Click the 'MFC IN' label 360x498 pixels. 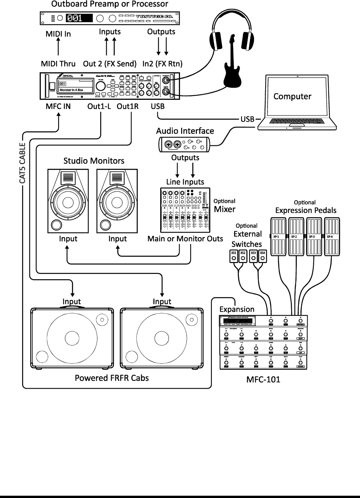pyautogui.click(x=58, y=107)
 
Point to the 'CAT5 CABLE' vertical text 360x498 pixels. pyautogui.click(x=22, y=163)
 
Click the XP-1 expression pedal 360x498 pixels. pyautogui.click(x=279, y=237)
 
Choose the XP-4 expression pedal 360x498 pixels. pyautogui.click(x=332, y=237)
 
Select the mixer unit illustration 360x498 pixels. pyautogui.click(x=185, y=210)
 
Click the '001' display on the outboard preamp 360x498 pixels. pyautogui.click(x=79, y=18)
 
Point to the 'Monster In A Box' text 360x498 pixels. pyautogui.click(x=71, y=90)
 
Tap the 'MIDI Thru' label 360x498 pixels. pyautogui.click(x=58, y=63)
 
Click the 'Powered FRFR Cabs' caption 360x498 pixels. pyautogui.click(x=112, y=378)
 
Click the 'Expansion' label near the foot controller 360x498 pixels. pyautogui.click(x=237, y=309)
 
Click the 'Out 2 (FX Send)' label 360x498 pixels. pyautogui.click(x=110, y=63)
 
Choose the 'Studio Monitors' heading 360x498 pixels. pyautogui.click(x=94, y=161)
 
